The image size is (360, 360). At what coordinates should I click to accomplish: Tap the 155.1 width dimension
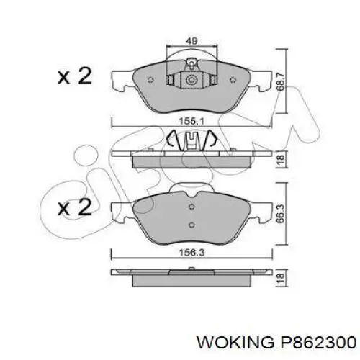point(191,121)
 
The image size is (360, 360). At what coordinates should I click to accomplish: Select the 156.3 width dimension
point(191,253)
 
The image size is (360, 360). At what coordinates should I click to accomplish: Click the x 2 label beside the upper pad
point(74,76)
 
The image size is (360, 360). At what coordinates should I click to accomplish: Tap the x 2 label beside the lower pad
point(74,208)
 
